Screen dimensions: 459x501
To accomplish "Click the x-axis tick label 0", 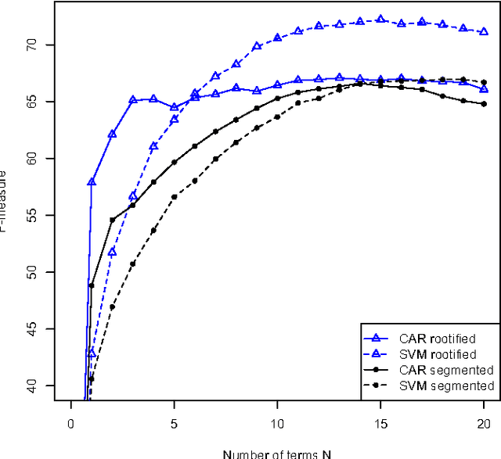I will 71,421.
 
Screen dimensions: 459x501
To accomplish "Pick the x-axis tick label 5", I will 175,421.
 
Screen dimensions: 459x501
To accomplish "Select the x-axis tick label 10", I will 278,421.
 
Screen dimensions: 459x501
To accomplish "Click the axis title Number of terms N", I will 278,454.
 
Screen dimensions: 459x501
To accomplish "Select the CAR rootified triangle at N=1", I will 92,181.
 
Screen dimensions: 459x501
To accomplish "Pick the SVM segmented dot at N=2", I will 112,307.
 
